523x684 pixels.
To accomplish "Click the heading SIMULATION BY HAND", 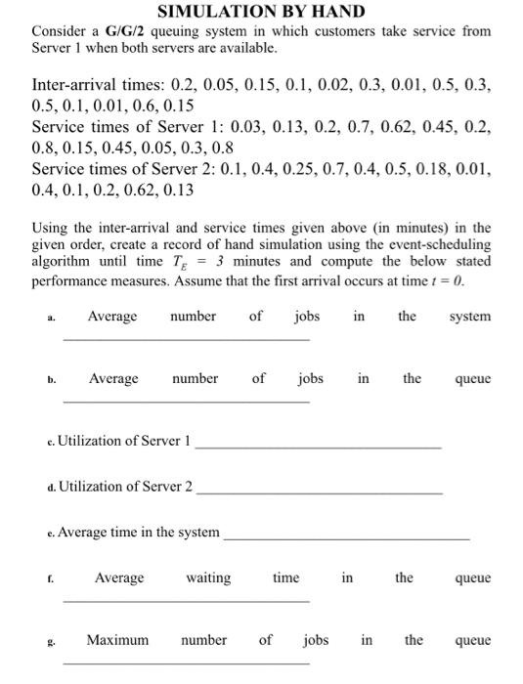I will pyautogui.click(x=261, y=12).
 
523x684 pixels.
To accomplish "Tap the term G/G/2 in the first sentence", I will pyautogui.click(x=115, y=31).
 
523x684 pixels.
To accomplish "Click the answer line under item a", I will pyautogui.click(x=186, y=339).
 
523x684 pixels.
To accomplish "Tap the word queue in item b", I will pyautogui.click(x=472, y=378).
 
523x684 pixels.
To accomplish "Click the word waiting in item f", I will pyautogui.click(x=208, y=577).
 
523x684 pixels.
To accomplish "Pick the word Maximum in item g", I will pyautogui.click(x=117, y=640).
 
